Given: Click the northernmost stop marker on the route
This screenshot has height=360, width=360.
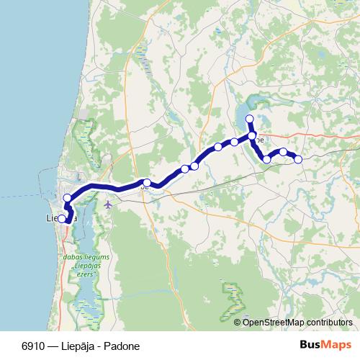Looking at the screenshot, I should [x=250, y=119].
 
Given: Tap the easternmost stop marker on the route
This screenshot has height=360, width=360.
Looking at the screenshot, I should [x=298, y=159].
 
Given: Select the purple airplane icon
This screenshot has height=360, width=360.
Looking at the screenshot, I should [x=108, y=204].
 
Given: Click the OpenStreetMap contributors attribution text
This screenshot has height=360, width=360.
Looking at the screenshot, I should [x=297, y=322].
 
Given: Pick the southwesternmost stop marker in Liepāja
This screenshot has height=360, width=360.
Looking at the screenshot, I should [x=62, y=219].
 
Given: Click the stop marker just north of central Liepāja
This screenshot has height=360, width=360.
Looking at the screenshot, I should [x=68, y=198].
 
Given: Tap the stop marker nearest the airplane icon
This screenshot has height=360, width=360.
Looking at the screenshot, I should [x=147, y=183].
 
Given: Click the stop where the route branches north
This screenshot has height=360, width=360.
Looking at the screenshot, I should [x=252, y=135].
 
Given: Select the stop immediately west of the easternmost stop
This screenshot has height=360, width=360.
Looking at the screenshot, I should [x=284, y=152].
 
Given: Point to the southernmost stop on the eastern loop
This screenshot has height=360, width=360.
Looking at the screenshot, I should [x=267, y=159].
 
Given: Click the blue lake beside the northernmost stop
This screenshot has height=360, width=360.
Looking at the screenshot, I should [x=240, y=114].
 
